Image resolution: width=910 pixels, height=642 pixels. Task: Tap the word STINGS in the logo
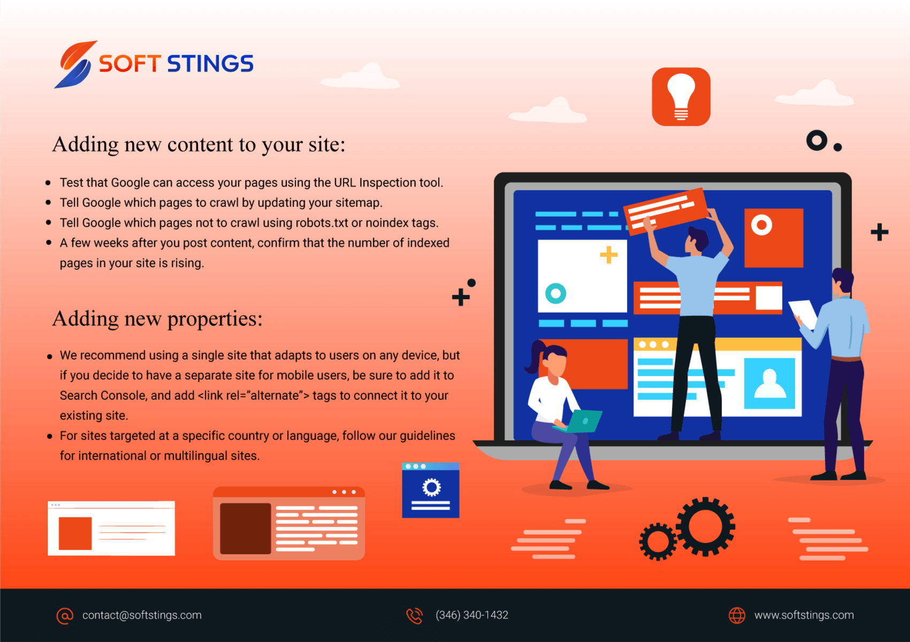[210, 64]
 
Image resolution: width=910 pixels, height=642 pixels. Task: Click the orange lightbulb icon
[681, 97]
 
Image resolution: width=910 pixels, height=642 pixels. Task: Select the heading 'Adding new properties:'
[157, 319]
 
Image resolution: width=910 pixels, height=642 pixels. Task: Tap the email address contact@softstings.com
[142, 615]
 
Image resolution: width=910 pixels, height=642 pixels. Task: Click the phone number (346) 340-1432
[472, 615]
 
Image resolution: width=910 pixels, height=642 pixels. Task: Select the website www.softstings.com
[804, 615]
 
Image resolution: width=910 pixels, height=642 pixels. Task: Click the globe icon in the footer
[737, 615]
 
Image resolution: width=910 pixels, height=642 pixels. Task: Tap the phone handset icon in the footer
[415, 616]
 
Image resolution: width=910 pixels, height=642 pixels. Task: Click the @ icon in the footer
[65, 616]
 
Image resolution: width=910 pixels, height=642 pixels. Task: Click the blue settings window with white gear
[431, 490]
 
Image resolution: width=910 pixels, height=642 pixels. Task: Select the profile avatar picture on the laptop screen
[769, 383]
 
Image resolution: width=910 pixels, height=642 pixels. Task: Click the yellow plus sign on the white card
[609, 255]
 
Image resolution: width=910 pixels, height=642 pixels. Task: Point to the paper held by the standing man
[804, 313]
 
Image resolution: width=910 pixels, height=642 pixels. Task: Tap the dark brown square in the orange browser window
[246, 528]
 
